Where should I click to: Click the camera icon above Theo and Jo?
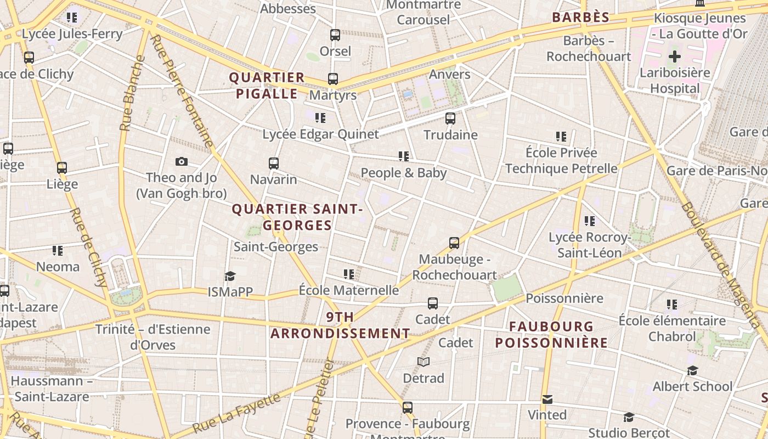click(x=182, y=161)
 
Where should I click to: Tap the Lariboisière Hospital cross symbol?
click(x=675, y=56)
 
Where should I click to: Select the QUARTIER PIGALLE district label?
click(x=267, y=86)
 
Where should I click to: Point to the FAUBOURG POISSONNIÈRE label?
click(x=551, y=335)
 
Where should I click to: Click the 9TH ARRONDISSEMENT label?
click(x=340, y=325)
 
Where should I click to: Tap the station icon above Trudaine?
click(x=450, y=118)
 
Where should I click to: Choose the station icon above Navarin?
click(x=274, y=163)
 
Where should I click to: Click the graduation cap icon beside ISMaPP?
click(x=230, y=275)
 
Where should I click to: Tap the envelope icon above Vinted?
click(x=547, y=399)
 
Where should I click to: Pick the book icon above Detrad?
click(x=423, y=362)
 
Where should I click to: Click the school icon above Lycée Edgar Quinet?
click(x=320, y=117)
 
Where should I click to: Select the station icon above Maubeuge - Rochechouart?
click(x=454, y=243)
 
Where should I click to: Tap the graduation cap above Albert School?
click(x=692, y=370)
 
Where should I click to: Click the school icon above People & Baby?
click(x=404, y=156)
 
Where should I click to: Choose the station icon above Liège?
click(x=62, y=167)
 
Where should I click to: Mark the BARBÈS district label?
click(x=581, y=18)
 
